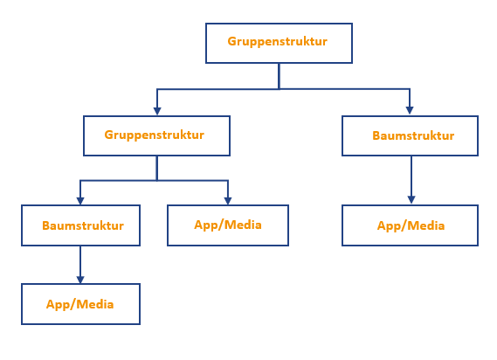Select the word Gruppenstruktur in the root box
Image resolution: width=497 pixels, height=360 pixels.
click(278, 42)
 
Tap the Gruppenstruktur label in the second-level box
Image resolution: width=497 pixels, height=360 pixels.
click(154, 135)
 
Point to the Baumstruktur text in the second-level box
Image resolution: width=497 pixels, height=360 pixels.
click(413, 135)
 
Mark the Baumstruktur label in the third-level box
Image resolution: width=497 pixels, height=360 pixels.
click(83, 225)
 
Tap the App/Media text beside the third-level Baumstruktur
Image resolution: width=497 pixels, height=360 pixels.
click(228, 225)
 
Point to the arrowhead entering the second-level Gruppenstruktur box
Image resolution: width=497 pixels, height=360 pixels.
click(157, 111)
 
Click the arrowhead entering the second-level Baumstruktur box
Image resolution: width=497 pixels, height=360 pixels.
click(410, 110)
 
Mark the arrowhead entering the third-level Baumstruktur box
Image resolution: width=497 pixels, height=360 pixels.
click(80, 201)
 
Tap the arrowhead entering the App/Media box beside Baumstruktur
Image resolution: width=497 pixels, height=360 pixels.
click(228, 201)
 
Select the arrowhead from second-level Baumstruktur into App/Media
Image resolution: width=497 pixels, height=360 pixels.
click(411, 200)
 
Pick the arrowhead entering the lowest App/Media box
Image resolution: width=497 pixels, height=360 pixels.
click(80, 280)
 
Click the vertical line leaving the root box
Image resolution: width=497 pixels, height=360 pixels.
click(279, 76)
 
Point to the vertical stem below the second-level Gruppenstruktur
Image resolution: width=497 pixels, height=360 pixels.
click(157, 168)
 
